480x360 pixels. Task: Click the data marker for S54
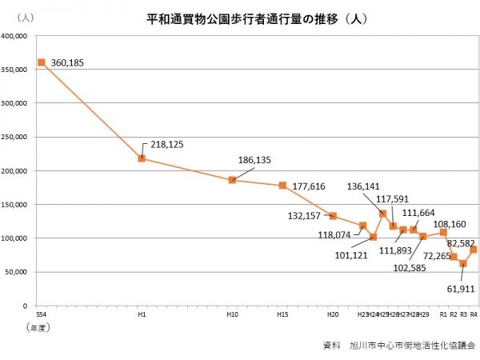click(41, 62)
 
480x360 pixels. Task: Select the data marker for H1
click(142, 158)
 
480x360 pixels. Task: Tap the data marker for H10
click(232, 180)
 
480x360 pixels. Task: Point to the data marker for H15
click(282, 186)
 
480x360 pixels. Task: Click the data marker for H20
click(333, 216)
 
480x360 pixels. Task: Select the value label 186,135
click(254, 160)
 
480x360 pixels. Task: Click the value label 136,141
click(364, 186)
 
